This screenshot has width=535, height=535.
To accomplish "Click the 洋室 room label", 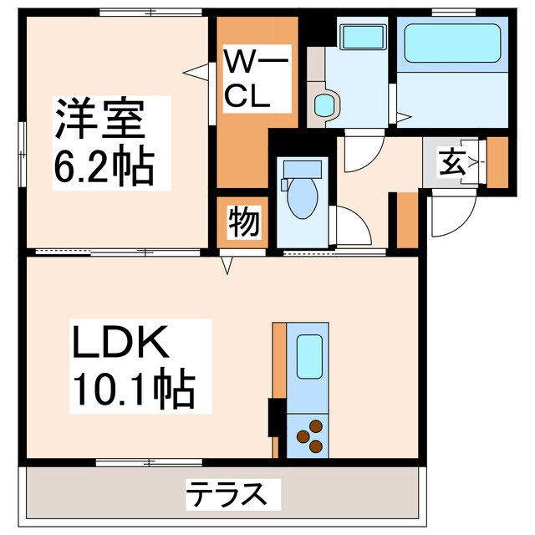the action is [x=99, y=119].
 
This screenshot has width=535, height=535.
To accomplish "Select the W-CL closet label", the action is [x=257, y=78].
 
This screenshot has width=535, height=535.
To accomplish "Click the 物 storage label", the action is [x=244, y=222].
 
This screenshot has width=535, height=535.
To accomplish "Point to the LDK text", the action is [x=120, y=341].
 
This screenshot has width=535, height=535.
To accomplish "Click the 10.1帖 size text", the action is [x=134, y=389].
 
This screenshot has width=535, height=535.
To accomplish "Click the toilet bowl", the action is [x=303, y=197].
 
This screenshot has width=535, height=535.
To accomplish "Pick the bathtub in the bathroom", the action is [x=452, y=43].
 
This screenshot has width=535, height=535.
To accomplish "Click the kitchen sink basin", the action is [x=309, y=356].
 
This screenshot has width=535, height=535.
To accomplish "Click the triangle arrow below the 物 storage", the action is [x=227, y=265].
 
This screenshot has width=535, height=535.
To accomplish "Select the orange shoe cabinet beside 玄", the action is [x=497, y=162].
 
